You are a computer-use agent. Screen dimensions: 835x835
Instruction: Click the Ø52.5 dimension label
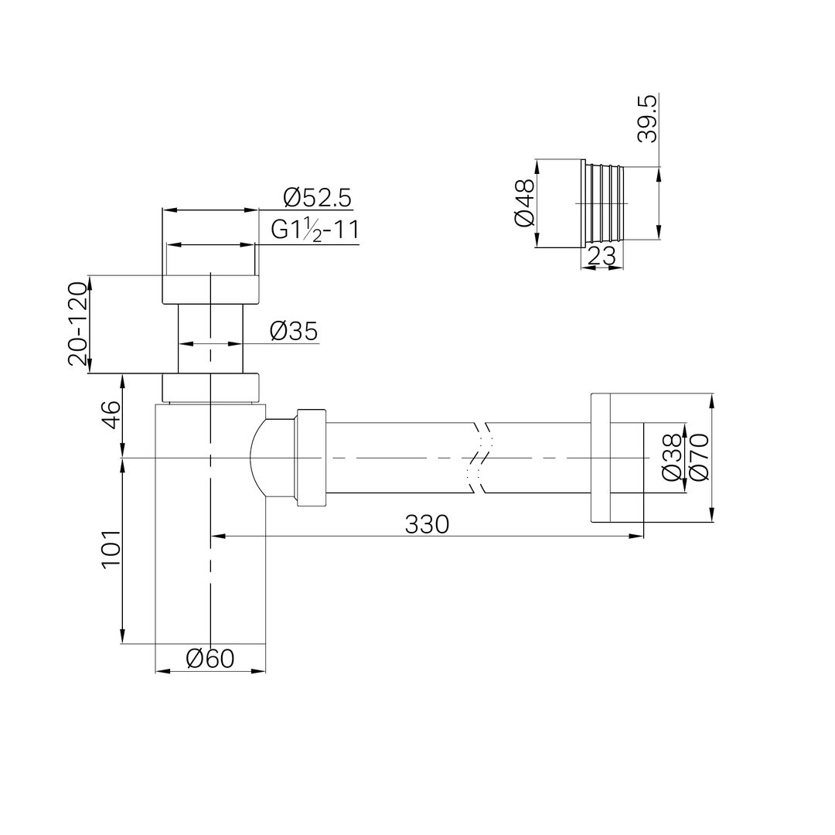(318, 198)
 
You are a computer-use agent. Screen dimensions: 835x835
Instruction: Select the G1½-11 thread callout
(315, 230)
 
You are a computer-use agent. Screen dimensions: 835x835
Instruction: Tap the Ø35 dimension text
(294, 331)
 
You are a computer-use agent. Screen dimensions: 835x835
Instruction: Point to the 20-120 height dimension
(78, 324)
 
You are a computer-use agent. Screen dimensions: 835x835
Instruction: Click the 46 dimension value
(111, 415)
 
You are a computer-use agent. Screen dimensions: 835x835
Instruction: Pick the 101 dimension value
(111, 550)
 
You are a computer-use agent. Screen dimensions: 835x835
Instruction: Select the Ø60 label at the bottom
(210, 659)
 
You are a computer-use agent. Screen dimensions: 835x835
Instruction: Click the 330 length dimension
(427, 524)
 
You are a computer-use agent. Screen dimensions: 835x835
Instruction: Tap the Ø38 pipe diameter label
(672, 458)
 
